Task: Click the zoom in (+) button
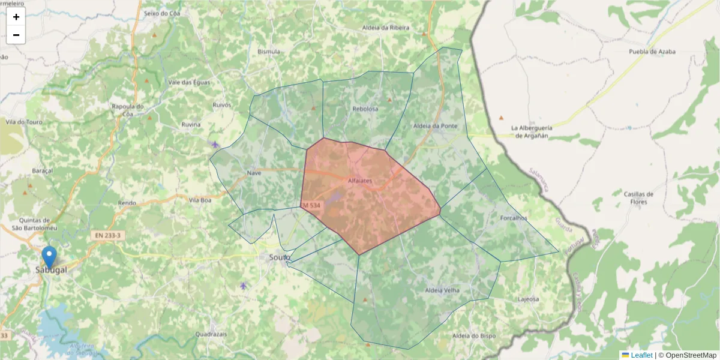coord(16,17)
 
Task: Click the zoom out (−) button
coord(16,35)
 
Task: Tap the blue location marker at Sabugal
coord(50,257)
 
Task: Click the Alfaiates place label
coord(360,180)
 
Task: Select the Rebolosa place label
coord(365,109)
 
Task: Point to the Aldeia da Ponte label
coord(436,126)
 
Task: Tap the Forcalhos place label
coord(513,218)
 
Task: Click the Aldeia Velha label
coord(442,290)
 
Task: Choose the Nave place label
coord(254,173)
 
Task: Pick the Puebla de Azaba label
coord(652,52)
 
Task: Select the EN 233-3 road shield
coord(108,236)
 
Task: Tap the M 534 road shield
coord(311,206)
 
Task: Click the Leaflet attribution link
coord(641,355)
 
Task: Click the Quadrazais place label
coord(211,334)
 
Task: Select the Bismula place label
coord(269,52)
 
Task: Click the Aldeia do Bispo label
coord(473,335)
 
